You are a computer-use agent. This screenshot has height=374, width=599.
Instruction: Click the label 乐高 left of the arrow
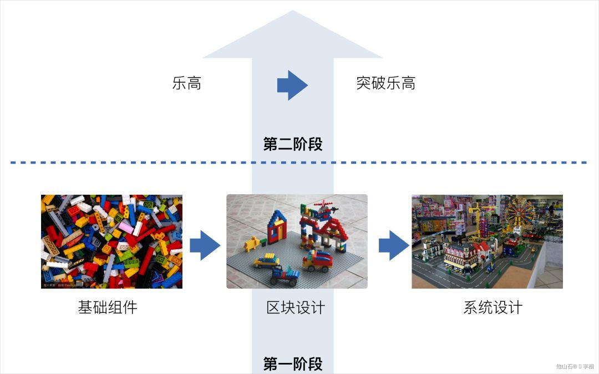pyautogui.click(x=186, y=84)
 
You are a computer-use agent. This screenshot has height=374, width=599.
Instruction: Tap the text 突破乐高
pyautogui.click(x=385, y=84)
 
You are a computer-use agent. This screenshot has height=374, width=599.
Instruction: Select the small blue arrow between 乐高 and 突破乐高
pyautogui.click(x=292, y=85)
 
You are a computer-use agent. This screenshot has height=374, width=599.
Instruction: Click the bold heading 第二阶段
pyautogui.click(x=292, y=145)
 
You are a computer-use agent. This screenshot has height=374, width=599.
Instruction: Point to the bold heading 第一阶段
pyautogui.click(x=292, y=364)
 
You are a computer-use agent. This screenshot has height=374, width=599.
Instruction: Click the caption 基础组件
pyautogui.click(x=108, y=307)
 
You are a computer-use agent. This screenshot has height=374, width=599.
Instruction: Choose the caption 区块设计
pyautogui.click(x=296, y=307)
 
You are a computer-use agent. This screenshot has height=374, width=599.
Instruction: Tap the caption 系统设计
pyautogui.click(x=493, y=307)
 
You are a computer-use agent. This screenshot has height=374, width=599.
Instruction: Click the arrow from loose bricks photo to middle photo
pyautogui.click(x=205, y=245)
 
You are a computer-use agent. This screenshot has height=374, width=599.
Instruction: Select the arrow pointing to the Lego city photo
pyautogui.click(x=393, y=245)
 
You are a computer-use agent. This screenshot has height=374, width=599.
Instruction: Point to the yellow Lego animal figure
pyautogui.click(x=253, y=242)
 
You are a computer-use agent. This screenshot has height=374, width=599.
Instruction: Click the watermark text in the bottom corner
pyautogui.click(x=575, y=366)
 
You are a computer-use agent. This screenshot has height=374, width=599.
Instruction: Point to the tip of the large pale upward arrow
pyautogui.click(x=293, y=12)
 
